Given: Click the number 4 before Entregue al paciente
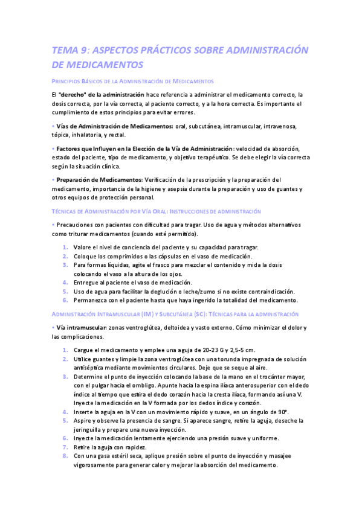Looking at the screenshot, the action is [x=65, y=282].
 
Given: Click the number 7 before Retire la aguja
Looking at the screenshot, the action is [x=65, y=447].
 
